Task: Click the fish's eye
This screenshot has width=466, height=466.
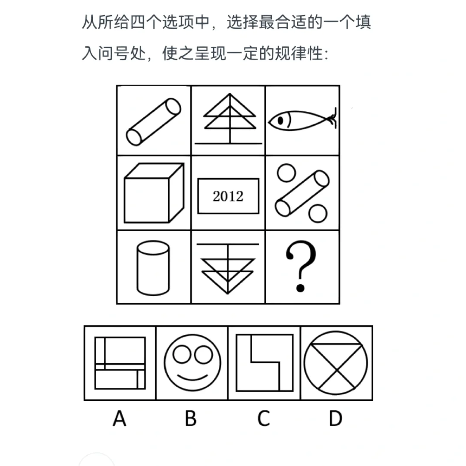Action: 280,121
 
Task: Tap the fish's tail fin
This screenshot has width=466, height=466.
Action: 333,119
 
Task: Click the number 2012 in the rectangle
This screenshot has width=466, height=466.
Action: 228,196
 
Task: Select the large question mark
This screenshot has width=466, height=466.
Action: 301,266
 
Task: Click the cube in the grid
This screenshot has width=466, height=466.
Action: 154,192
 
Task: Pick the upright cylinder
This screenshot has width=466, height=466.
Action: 153,268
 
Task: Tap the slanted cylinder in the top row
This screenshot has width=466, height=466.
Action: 153,122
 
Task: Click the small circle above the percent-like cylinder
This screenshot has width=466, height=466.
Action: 286,173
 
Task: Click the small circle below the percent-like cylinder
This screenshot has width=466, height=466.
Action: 318,214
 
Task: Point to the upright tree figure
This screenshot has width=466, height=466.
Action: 229,119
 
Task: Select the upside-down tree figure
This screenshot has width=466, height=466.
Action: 228,269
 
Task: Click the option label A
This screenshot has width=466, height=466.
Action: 120,418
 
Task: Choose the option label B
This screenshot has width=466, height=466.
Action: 191,418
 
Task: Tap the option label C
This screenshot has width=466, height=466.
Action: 264,418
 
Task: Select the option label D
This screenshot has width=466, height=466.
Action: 336,418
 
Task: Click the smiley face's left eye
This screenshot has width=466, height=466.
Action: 182,354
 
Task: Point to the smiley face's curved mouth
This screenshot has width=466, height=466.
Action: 192,378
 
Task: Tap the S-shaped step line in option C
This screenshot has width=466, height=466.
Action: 265,362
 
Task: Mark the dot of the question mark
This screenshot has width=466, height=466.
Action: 300,288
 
